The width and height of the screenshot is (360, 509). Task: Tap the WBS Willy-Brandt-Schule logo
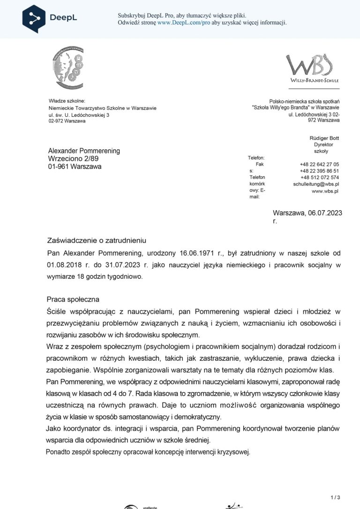pyautogui.click(x=312, y=68)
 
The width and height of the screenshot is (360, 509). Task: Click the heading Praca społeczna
pyautogui.click(x=73, y=299)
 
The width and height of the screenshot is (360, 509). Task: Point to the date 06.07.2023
pyautogui.click(x=325, y=213)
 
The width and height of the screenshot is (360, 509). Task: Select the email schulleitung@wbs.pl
pyautogui.click(x=316, y=184)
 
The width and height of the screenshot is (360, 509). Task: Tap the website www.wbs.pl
pyautogui.click(x=325, y=191)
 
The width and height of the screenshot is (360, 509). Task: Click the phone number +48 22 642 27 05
pyautogui.click(x=319, y=165)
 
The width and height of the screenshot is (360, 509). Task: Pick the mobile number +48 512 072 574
pyautogui.click(x=320, y=178)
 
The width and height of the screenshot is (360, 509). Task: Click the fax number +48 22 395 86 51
pyautogui.click(x=319, y=171)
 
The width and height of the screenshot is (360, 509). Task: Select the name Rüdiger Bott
pyautogui.click(x=324, y=138)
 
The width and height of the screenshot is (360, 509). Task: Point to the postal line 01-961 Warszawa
pyautogui.click(x=75, y=167)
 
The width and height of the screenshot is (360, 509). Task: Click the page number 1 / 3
pyautogui.click(x=335, y=497)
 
